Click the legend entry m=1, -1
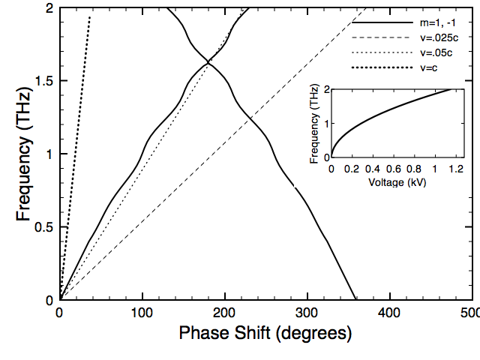[439, 23]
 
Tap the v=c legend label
[429, 67]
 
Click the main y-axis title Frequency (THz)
[25, 154]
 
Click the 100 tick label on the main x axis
[142, 312]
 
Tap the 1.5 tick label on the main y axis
[44, 81]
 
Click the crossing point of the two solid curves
[208, 62]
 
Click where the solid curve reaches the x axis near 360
[355, 299]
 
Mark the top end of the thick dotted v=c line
[90, 16]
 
